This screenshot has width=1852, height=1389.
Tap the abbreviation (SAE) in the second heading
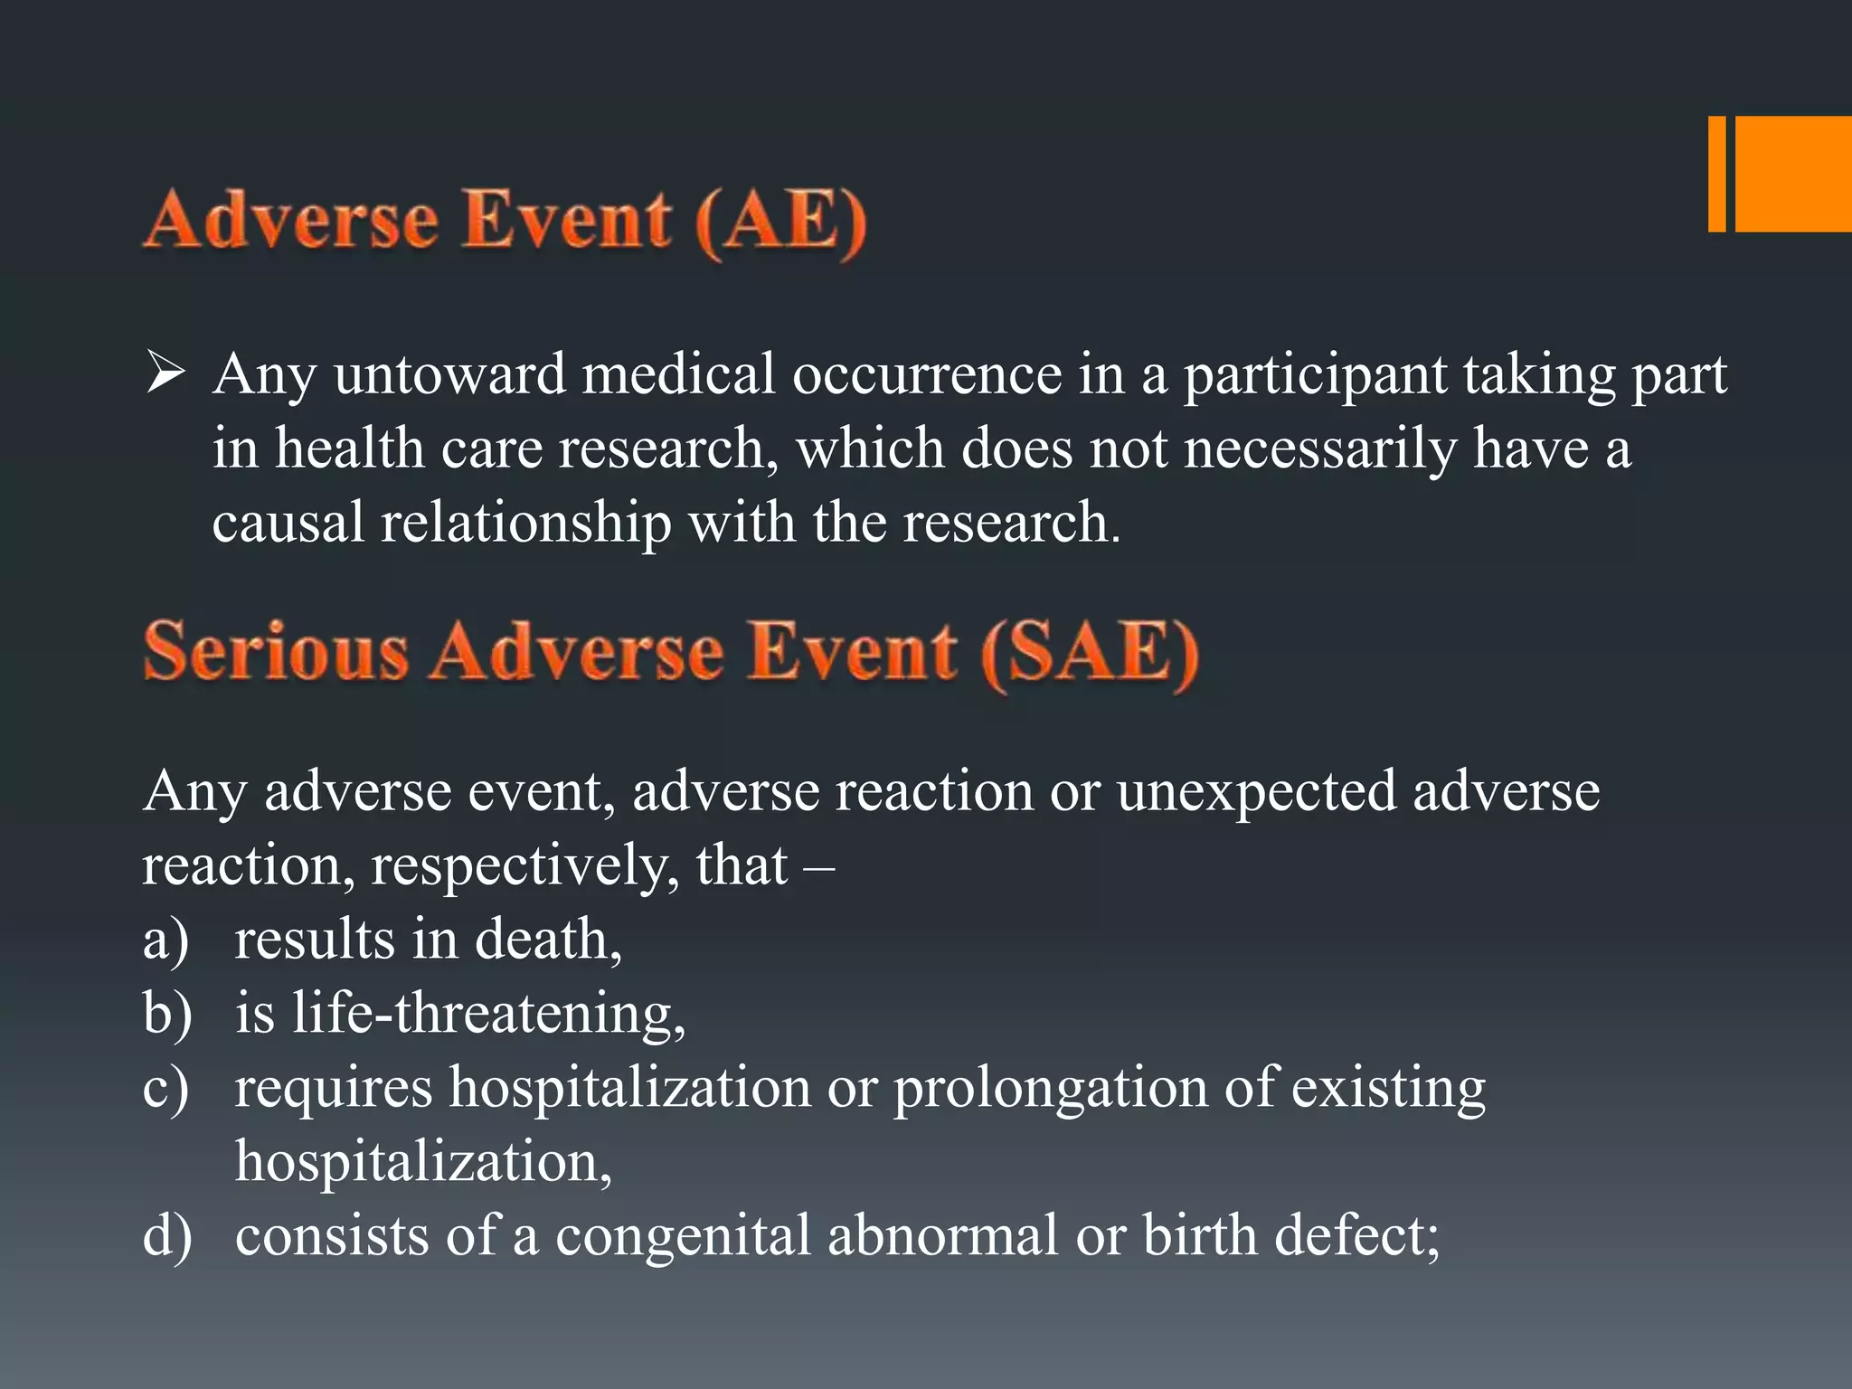(x=1090, y=653)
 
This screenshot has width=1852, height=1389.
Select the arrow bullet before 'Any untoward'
(x=165, y=373)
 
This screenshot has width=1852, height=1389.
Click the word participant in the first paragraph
(x=1315, y=375)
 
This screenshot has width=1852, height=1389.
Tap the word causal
(x=288, y=523)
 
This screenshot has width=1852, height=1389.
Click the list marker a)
(x=166, y=940)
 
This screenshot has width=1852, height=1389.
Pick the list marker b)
(x=167, y=1013)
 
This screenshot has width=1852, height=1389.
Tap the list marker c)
(x=166, y=1088)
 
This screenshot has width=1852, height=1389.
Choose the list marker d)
(x=167, y=1235)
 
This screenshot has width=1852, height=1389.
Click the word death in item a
(x=547, y=939)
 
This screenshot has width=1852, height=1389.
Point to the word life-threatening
(x=488, y=1013)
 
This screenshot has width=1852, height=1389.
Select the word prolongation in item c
(x=1050, y=1088)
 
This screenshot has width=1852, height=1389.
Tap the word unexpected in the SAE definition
(x=1256, y=791)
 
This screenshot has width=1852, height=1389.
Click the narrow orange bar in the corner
(x=1716, y=174)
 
